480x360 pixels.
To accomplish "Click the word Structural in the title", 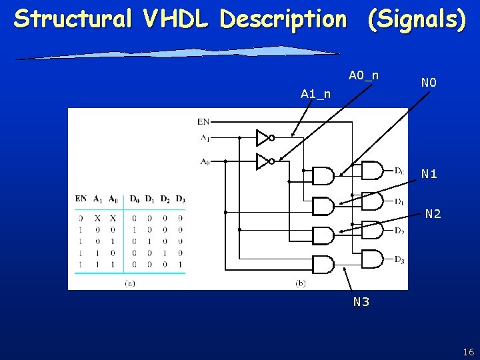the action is pyautogui.click(x=73, y=19).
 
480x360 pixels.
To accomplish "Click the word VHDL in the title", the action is pyautogui.click(x=176, y=19).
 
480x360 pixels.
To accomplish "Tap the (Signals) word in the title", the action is pyautogui.click(x=417, y=19).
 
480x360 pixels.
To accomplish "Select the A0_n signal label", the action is pyautogui.click(x=363, y=75).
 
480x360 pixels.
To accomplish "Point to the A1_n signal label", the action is pyautogui.click(x=315, y=94).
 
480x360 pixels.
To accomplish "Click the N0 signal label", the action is pyautogui.click(x=429, y=83).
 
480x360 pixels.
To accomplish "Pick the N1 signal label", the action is pyautogui.click(x=429, y=174).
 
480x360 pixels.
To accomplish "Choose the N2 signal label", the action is pyautogui.click(x=433, y=214).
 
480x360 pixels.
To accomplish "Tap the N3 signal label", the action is pyautogui.click(x=361, y=302).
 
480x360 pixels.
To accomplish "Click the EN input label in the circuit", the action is pyautogui.click(x=203, y=121).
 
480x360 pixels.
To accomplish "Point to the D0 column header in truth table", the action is pyautogui.click(x=134, y=199).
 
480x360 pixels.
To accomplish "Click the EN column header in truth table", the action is pyautogui.click(x=81, y=199).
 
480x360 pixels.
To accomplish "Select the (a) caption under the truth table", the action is pyautogui.click(x=130, y=283).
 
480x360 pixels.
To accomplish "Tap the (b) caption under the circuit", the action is pyautogui.click(x=301, y=283).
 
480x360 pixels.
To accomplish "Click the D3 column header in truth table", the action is pyautogui.click(x=181, y=199).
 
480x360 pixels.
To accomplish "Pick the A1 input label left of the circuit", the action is pyautogui.click(x=205, y=138).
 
